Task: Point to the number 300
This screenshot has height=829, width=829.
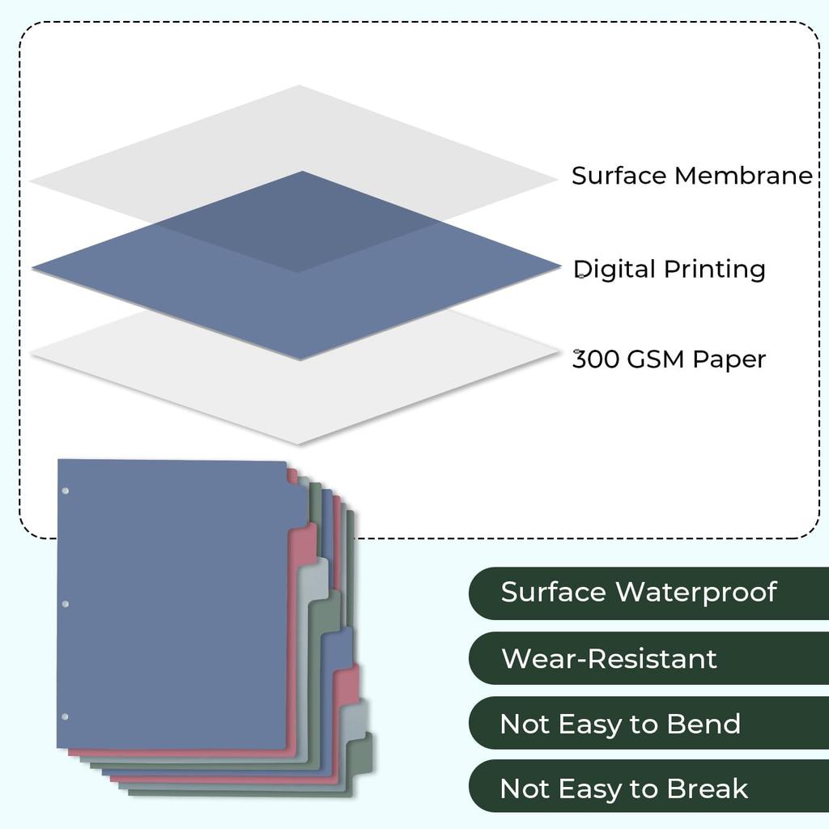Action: [597, 359]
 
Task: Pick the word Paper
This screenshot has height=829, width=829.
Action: [731, 359]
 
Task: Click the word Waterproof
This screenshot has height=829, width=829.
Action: [695, 592]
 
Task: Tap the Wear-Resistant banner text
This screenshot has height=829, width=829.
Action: [609, 658]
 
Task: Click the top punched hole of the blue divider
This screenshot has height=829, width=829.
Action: [66, 491]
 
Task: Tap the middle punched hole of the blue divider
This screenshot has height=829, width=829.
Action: [66, 604]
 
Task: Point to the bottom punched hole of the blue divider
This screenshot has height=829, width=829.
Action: [66, 716]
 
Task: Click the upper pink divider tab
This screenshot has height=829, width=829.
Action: [305, 541]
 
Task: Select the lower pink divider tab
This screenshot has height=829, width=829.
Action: [348, 685]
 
